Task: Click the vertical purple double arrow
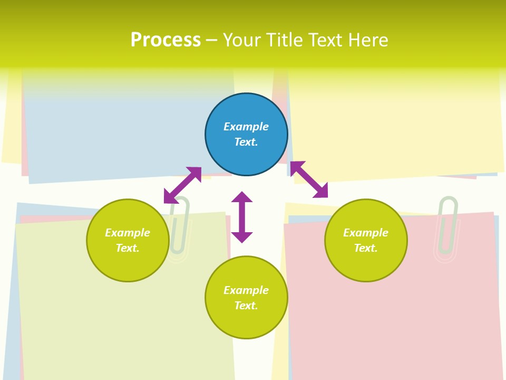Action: pyautogui.click(x=242, y=217)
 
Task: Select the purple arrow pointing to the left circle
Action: pyautogui.click(x=182, y=185)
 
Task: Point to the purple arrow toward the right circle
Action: pyautogui.click(x=309, y=179)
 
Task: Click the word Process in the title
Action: pyautogui.click(x=166, y=40)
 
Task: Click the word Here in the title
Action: pyautogui.click(x=369, y=40)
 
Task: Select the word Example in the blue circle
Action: pyautogui.click(x=246, y=127)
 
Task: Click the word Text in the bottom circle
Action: pyautogui.click(x=246, y=306)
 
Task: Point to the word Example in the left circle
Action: pyautogui.click(x=128, y=233)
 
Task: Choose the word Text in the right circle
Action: pyautogui.click(x=366, y=248)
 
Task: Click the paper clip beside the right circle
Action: pyautogui.click(x=447, y=227)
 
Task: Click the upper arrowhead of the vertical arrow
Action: pyautogui.click(x=242, y=197)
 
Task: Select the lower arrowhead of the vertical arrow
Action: pyautogui.click(x=242, y=237)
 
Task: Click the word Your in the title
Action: pyautogui.click(x=240, y=40)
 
